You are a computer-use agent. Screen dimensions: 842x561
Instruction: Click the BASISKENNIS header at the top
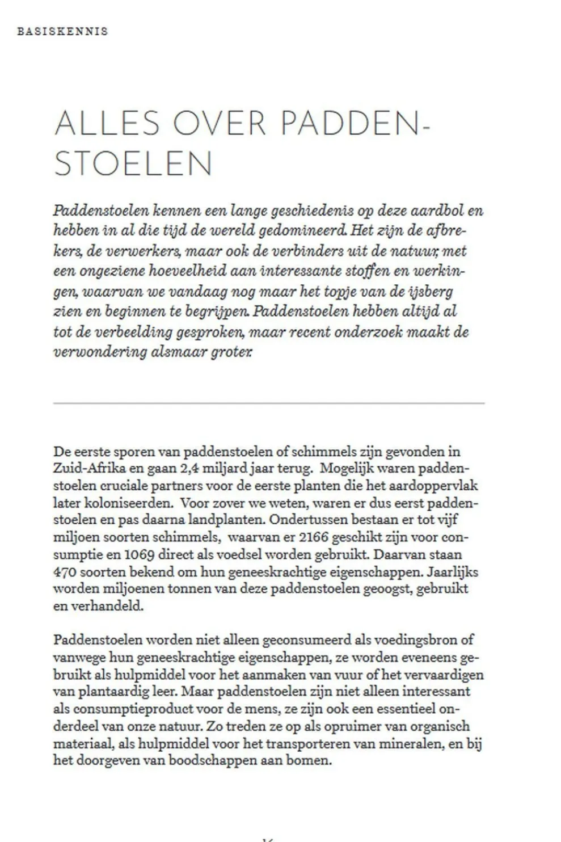click(62, 31)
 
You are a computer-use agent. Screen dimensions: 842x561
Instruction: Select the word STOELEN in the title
click(133, 163)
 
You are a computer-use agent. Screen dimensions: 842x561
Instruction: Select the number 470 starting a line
click(65, 571)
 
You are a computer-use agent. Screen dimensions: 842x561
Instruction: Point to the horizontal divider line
click(269, 403)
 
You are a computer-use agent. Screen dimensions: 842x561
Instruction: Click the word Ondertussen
click(302, 520)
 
